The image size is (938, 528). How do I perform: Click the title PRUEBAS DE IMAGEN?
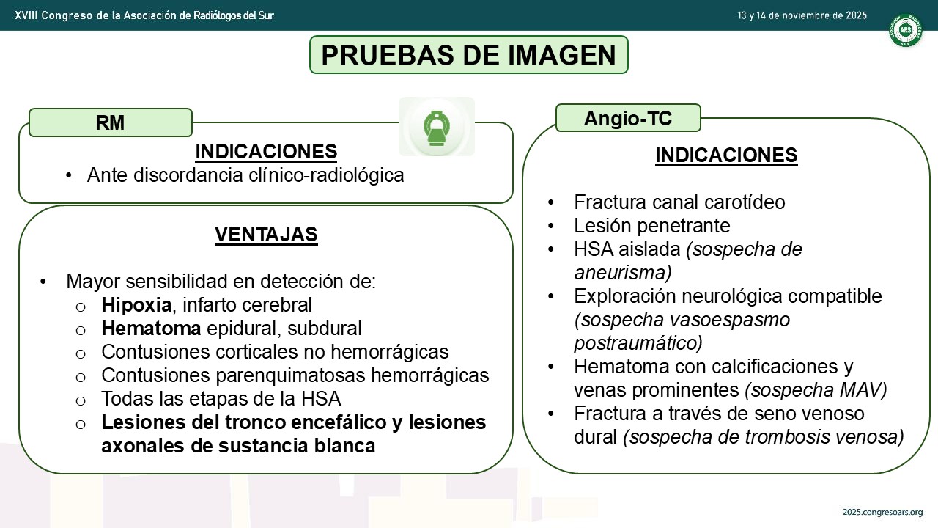click(468, 55)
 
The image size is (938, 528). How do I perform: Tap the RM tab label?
click(110, 122)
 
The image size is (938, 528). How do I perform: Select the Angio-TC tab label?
click(628, 118)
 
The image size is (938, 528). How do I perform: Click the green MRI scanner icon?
click(436, 128)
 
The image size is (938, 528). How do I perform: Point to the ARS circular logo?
click(906, 30)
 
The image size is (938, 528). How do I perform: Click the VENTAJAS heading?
click(266, 234)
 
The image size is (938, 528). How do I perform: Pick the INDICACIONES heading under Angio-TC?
click(726, 155)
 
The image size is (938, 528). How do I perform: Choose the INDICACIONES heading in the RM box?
click(266, 151)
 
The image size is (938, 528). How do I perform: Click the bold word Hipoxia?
click(136, 305)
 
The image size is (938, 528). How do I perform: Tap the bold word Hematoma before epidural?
click(151, 329)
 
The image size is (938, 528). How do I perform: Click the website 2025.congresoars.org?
click(882, 512)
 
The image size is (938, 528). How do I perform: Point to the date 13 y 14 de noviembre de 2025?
click(802, 15)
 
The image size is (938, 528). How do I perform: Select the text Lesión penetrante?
click(652, 225)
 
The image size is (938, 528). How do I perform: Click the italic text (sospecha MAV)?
click(816, 390)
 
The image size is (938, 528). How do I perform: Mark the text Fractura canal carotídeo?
click(679, 202)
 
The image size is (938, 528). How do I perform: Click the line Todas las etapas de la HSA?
click(221, 398)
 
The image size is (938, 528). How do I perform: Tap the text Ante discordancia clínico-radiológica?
click(245, 175)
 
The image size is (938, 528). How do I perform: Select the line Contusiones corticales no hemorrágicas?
click(275, 352)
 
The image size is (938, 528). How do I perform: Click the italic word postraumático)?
click(638, 343)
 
